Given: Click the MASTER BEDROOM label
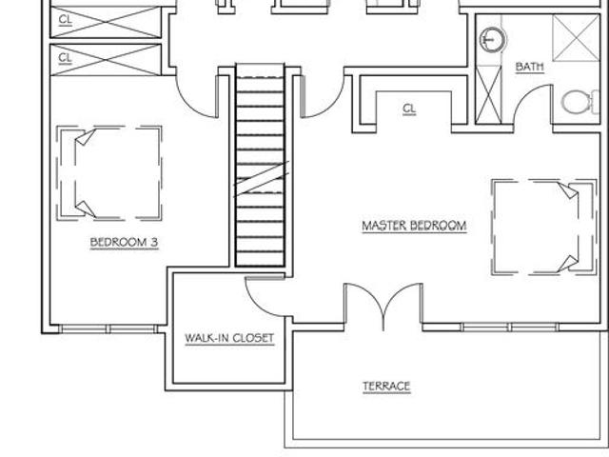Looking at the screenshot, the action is pos(414,226).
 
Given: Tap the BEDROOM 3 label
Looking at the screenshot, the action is pos(125,243).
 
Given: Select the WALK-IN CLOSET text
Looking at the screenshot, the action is pos(229,338).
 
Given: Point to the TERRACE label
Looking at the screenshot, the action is pos(387,387).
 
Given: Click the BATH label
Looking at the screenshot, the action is pos(529,67).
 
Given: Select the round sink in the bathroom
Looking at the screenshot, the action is pos(493,39).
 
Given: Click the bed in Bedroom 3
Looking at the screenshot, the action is pos(108,173).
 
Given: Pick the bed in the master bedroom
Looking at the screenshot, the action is pos(543,228).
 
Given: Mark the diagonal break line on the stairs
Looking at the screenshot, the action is pos(261,179).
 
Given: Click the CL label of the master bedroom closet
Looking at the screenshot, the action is pos(409,109).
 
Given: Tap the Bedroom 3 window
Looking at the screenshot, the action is pos(108,329).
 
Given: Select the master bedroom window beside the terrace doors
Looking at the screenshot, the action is pos(510,328).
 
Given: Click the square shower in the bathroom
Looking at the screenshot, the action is pos(576,38).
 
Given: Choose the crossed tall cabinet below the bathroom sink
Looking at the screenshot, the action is pos(488,95).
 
